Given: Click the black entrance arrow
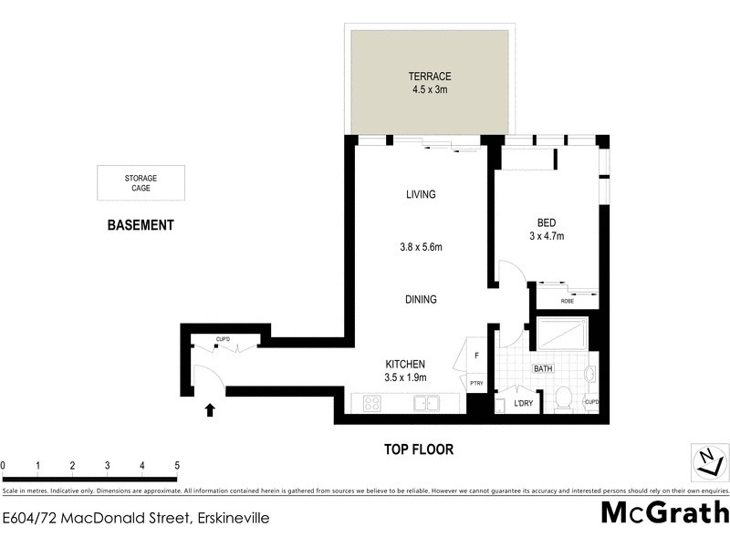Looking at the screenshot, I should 211,410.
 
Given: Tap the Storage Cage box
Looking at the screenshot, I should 141,182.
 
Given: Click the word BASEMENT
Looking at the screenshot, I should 141,225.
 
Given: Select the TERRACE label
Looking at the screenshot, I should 429,77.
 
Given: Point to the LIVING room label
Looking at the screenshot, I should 421,194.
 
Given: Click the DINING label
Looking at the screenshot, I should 421,299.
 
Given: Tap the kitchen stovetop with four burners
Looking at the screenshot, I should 372,403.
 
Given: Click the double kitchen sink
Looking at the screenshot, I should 427,403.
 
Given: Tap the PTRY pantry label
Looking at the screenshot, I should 476,384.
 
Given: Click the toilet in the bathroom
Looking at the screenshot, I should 563,399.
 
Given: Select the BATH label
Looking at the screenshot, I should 544,368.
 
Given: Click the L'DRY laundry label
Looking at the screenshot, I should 523,402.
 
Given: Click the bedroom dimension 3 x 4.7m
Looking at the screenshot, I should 546,236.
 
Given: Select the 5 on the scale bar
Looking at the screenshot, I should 177,466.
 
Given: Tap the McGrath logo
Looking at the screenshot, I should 664,513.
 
